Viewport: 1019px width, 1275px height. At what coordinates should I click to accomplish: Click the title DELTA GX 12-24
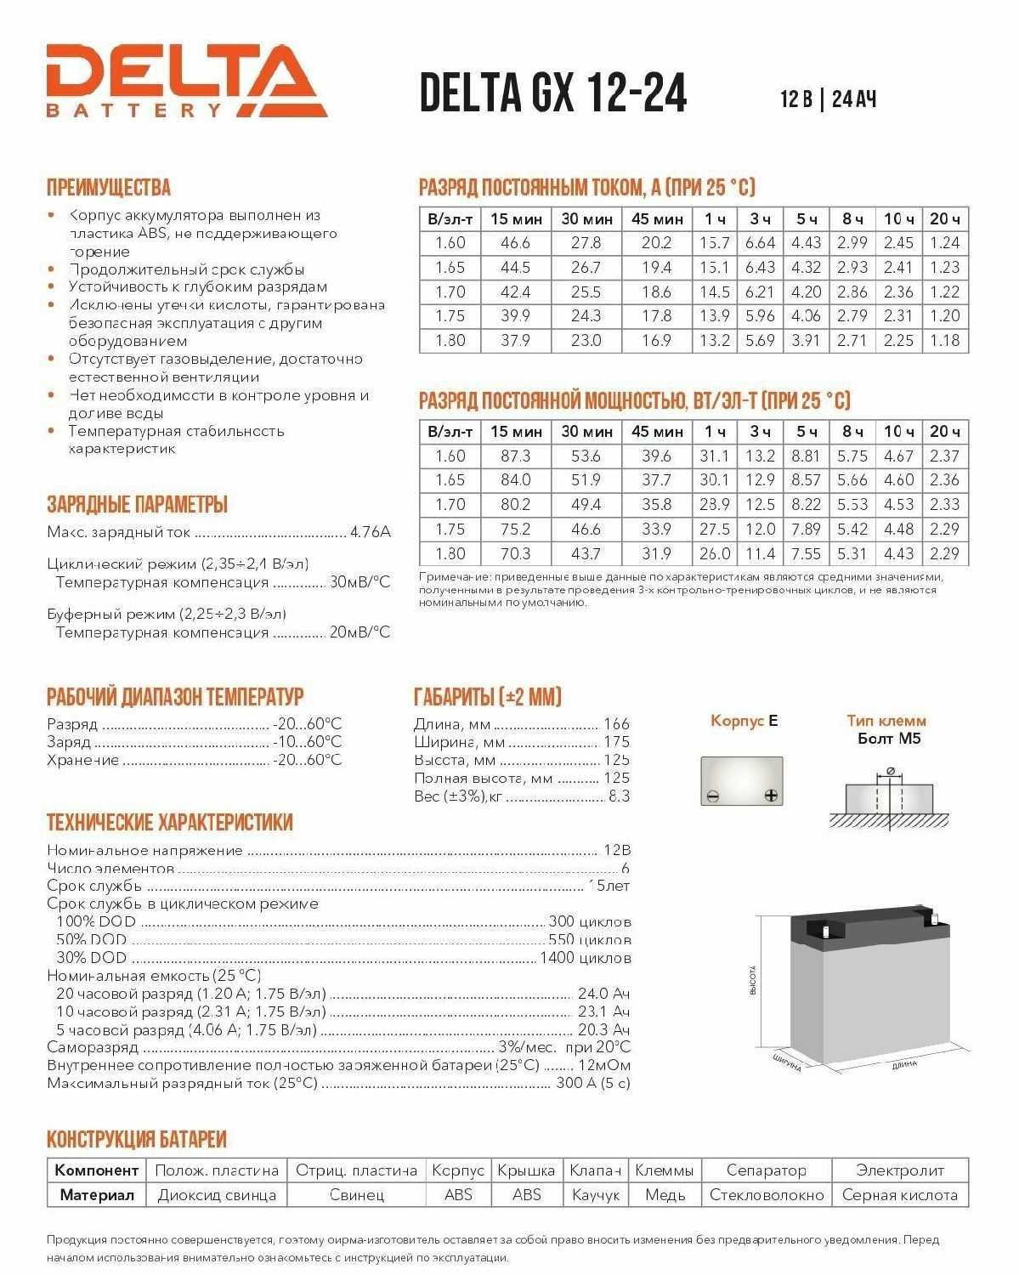[x=553, y=93]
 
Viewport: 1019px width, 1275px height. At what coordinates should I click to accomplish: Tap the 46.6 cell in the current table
[x=515, y=243]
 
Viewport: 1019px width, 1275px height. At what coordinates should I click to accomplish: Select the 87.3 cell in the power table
[x=515, y=456]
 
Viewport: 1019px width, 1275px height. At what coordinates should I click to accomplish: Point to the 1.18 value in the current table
[x=944, y=341]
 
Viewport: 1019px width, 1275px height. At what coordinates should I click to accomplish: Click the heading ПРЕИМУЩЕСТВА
[x=109, y=188]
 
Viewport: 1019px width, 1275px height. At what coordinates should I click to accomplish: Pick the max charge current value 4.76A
[x=371, y=532]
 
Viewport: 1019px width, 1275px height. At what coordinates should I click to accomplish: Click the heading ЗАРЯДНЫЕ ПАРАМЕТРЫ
[x=137, y=504]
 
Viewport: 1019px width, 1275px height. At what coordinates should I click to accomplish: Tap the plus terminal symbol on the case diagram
[x=771, y=796]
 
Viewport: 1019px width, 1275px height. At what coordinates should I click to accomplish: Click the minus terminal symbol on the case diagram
[x=713, y=796]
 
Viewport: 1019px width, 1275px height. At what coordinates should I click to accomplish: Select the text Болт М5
[x=889, y=739]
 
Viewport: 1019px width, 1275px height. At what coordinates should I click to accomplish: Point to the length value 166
[x=616, y=724]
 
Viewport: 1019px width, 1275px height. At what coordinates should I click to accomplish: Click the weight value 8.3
[x=619, y=796]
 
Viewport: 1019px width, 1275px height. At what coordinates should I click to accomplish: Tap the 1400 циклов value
[x=586, y=958]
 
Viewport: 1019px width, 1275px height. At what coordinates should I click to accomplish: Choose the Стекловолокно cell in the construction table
[x=767, y=1195]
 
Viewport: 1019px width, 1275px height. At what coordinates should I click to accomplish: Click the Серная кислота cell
[x=899, y=1195]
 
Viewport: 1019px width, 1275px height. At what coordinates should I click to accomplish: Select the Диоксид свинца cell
[x=217, y=1195]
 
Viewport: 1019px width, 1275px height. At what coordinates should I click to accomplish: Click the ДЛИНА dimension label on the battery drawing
[x=904, y=1064]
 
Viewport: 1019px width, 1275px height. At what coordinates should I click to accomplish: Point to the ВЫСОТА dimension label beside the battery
[x=753, y=980]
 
